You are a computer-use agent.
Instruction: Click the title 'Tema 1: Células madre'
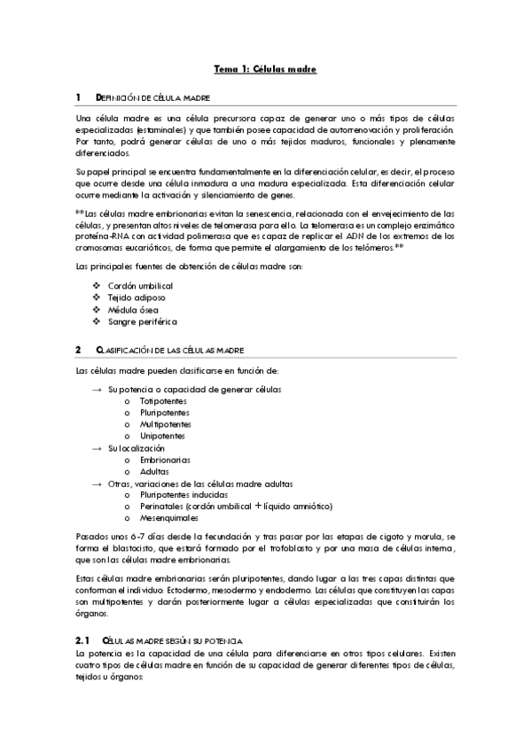pos(266,68)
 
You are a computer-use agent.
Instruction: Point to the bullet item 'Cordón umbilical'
pos(140,286)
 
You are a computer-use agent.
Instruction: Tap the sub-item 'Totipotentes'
pos(163,401)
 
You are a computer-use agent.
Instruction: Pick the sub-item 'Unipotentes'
pos(162,436)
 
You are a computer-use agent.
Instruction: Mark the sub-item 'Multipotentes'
pos(165,424)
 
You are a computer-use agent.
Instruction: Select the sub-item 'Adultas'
pos(154,471)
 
